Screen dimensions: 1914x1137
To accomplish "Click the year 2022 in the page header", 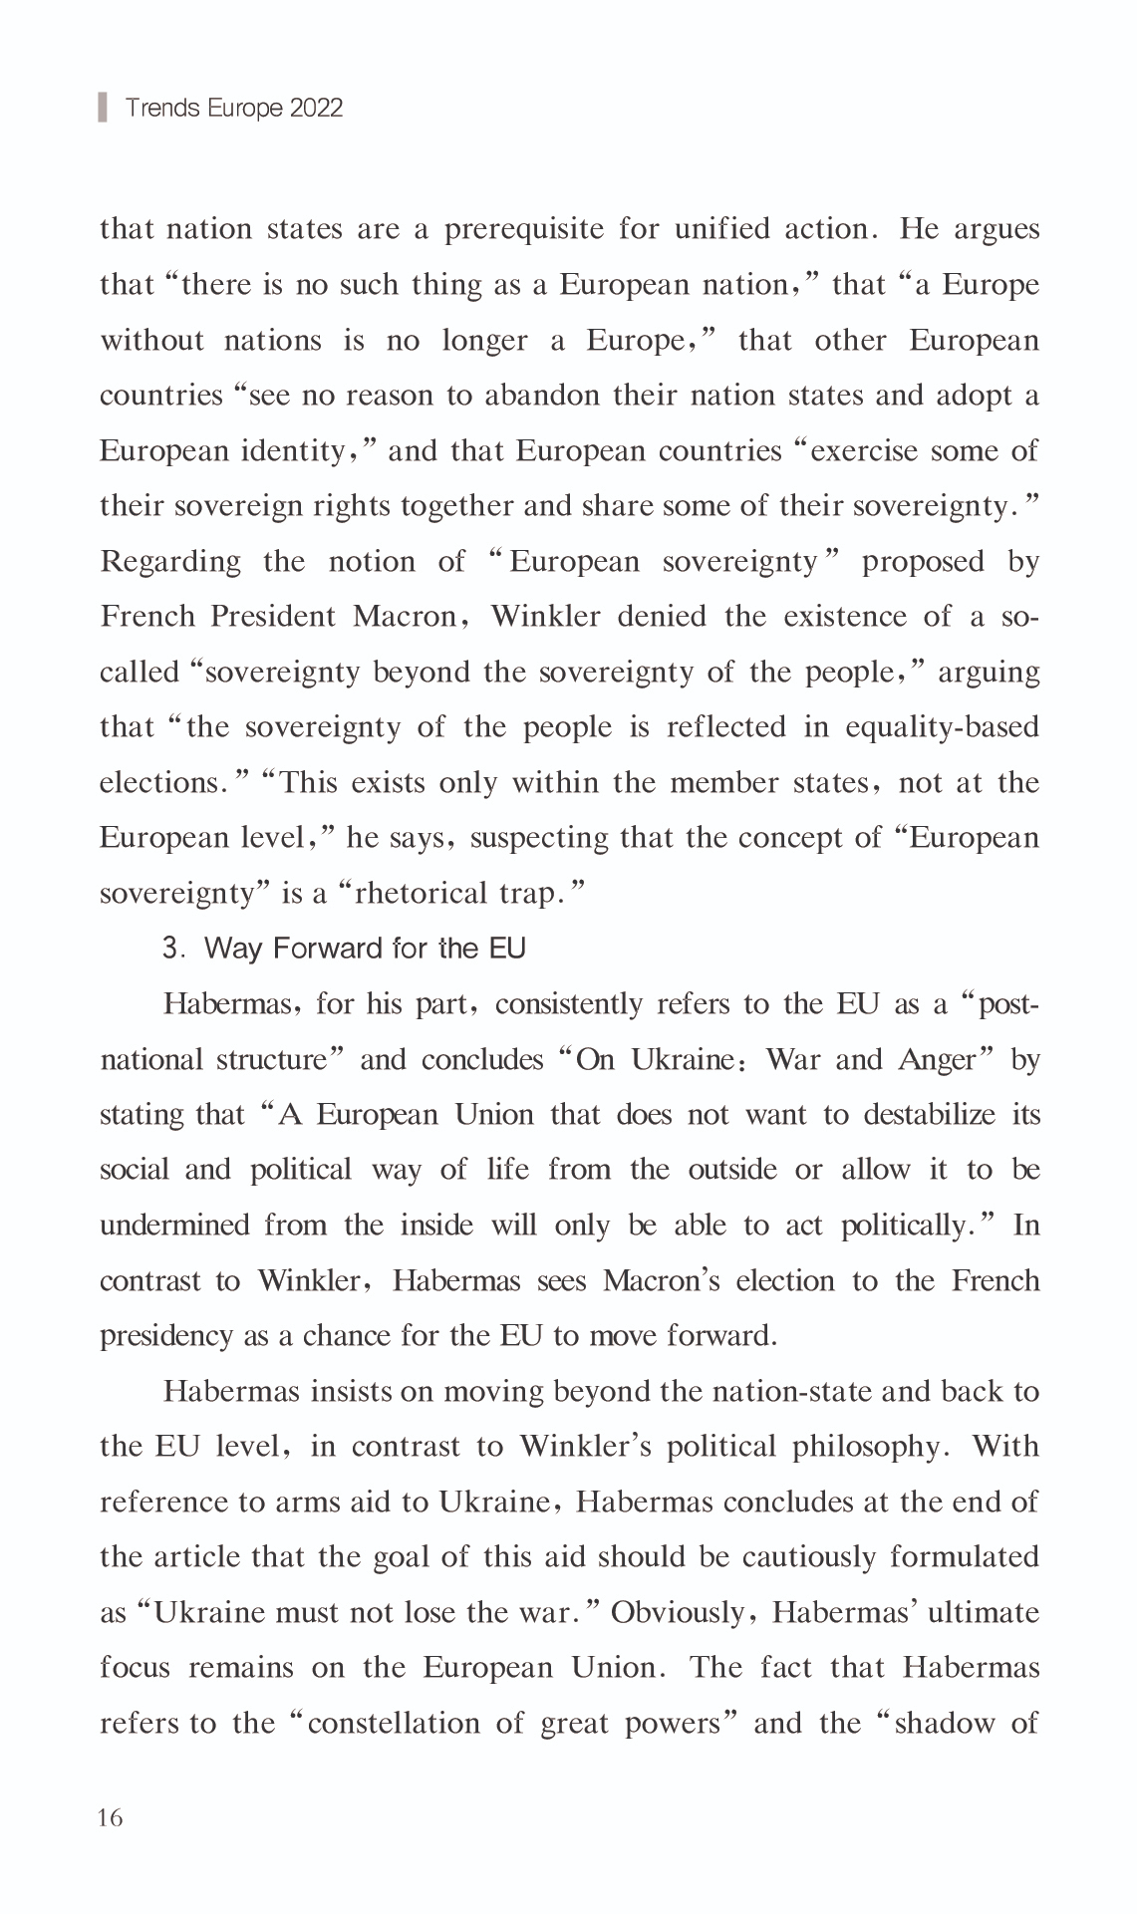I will tap(316, 108).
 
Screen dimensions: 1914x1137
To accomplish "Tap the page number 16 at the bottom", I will tap(111, 1818).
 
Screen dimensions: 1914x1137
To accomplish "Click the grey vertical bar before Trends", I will tap(102, 107).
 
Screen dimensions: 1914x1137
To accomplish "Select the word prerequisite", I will tap(523, 229).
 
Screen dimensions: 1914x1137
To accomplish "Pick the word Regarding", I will tap(170, 562).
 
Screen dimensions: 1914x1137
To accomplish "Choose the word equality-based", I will tap(942, 727).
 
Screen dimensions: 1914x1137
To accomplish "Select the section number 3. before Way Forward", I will tap(174, 949).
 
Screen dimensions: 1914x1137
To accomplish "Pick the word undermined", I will tap(174, 1225).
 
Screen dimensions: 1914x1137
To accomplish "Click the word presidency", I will tap(165, 1336).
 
